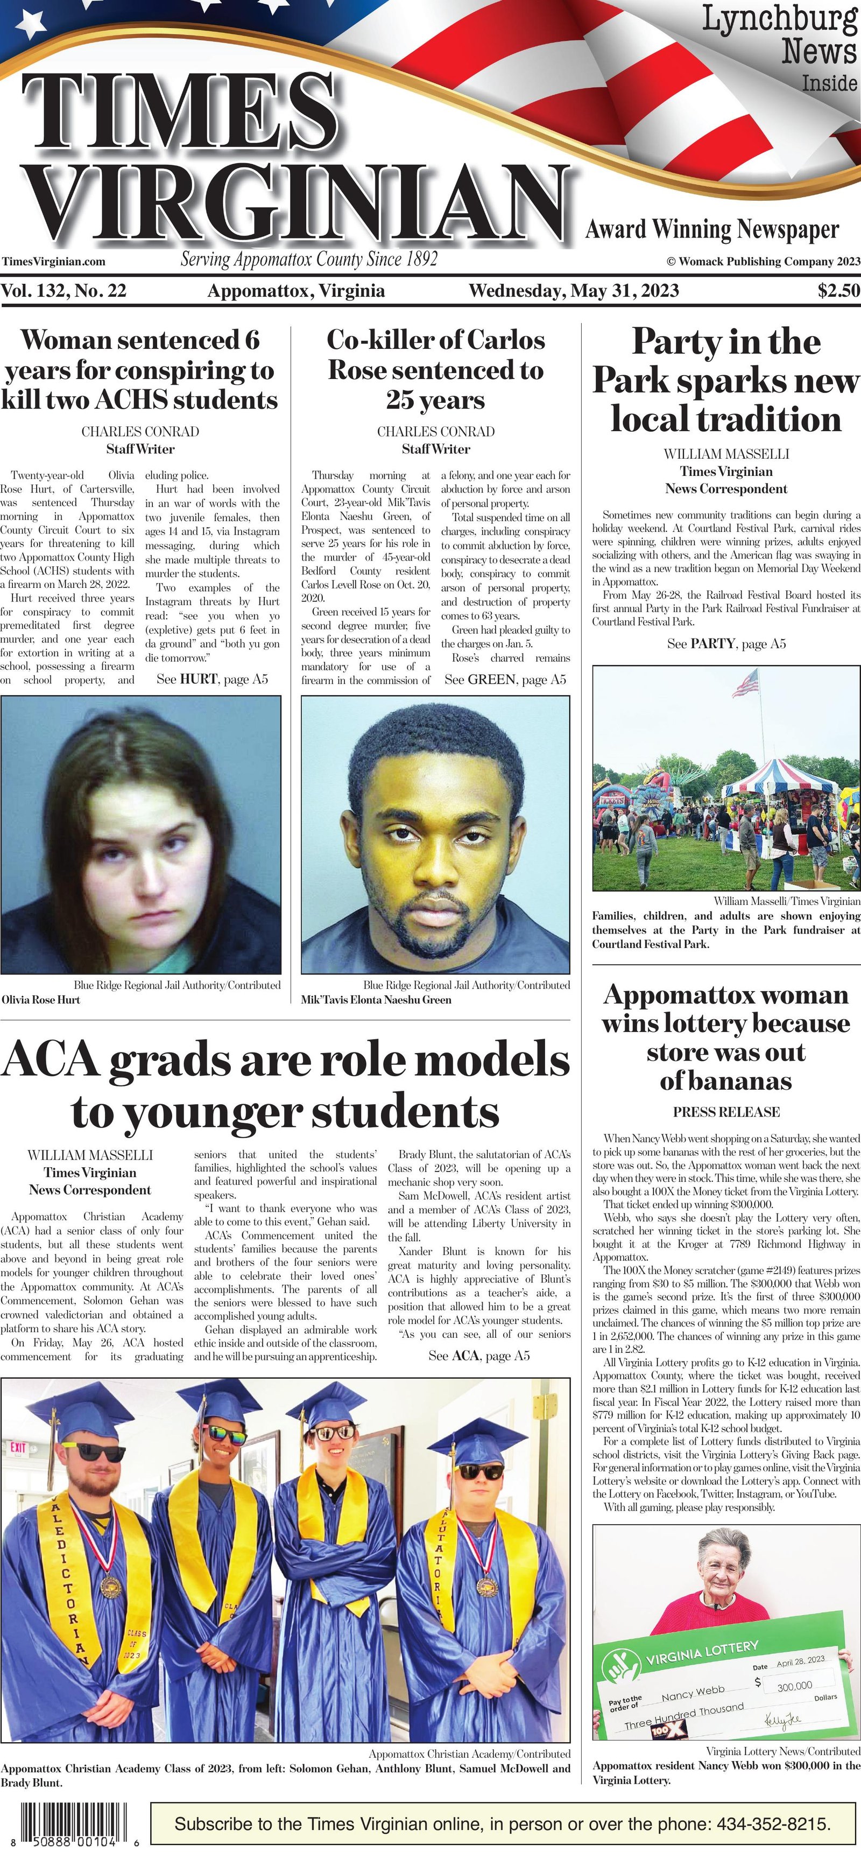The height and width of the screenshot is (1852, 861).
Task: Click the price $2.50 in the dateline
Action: (838, 291)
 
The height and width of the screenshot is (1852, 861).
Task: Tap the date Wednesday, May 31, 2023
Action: (574, 291)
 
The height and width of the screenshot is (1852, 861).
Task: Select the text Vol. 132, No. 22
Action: (64, 291)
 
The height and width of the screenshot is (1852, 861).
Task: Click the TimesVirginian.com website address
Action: (54, 262)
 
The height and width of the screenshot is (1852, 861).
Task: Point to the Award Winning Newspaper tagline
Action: (711, 229)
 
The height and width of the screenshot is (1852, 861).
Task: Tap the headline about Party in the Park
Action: (726, 380)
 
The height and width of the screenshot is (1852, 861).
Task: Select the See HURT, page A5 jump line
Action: (212, 679)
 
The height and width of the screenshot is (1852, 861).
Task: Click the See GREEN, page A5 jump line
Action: (505, 679)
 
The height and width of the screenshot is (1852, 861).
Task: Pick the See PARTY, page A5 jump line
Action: (726, 643)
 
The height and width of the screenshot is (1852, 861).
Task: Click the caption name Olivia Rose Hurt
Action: (41, 999)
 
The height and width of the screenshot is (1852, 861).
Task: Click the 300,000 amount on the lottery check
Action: (794, 1685)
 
